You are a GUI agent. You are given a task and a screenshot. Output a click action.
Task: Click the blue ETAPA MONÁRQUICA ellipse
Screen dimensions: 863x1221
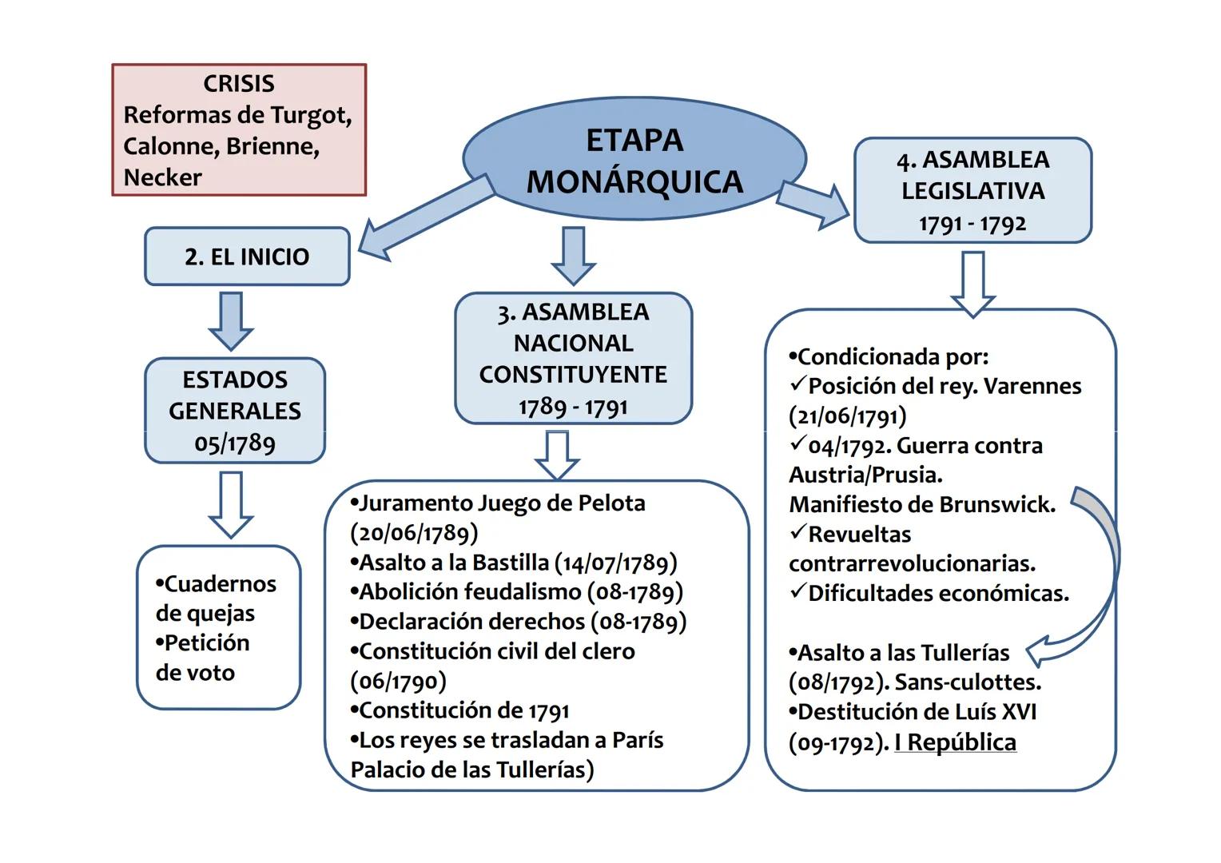634,161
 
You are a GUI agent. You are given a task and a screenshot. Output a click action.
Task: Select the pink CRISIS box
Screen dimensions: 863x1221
238,130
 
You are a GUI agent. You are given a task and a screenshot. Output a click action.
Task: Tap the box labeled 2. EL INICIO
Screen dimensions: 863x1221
247,257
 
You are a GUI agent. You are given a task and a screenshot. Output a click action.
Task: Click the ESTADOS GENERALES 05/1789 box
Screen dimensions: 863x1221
235,411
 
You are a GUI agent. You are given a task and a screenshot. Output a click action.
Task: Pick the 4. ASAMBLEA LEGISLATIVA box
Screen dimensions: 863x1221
972,191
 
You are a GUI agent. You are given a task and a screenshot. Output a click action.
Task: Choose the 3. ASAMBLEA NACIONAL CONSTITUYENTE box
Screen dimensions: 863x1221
573,358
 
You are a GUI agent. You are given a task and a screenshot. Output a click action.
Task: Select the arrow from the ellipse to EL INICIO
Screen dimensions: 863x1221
424,217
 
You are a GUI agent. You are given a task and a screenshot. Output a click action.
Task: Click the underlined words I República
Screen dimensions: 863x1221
955,742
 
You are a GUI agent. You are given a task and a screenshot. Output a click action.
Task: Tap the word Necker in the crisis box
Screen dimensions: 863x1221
163,177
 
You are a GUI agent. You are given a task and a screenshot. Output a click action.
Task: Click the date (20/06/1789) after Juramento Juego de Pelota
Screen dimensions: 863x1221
414,533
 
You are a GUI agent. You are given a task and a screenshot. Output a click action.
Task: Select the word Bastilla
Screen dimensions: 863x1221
511,563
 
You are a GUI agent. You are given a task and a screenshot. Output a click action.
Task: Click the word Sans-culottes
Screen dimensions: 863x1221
968,682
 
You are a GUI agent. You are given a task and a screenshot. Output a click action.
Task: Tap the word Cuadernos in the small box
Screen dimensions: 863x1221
220,584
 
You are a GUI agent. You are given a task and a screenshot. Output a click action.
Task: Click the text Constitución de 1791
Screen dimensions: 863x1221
463,710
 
